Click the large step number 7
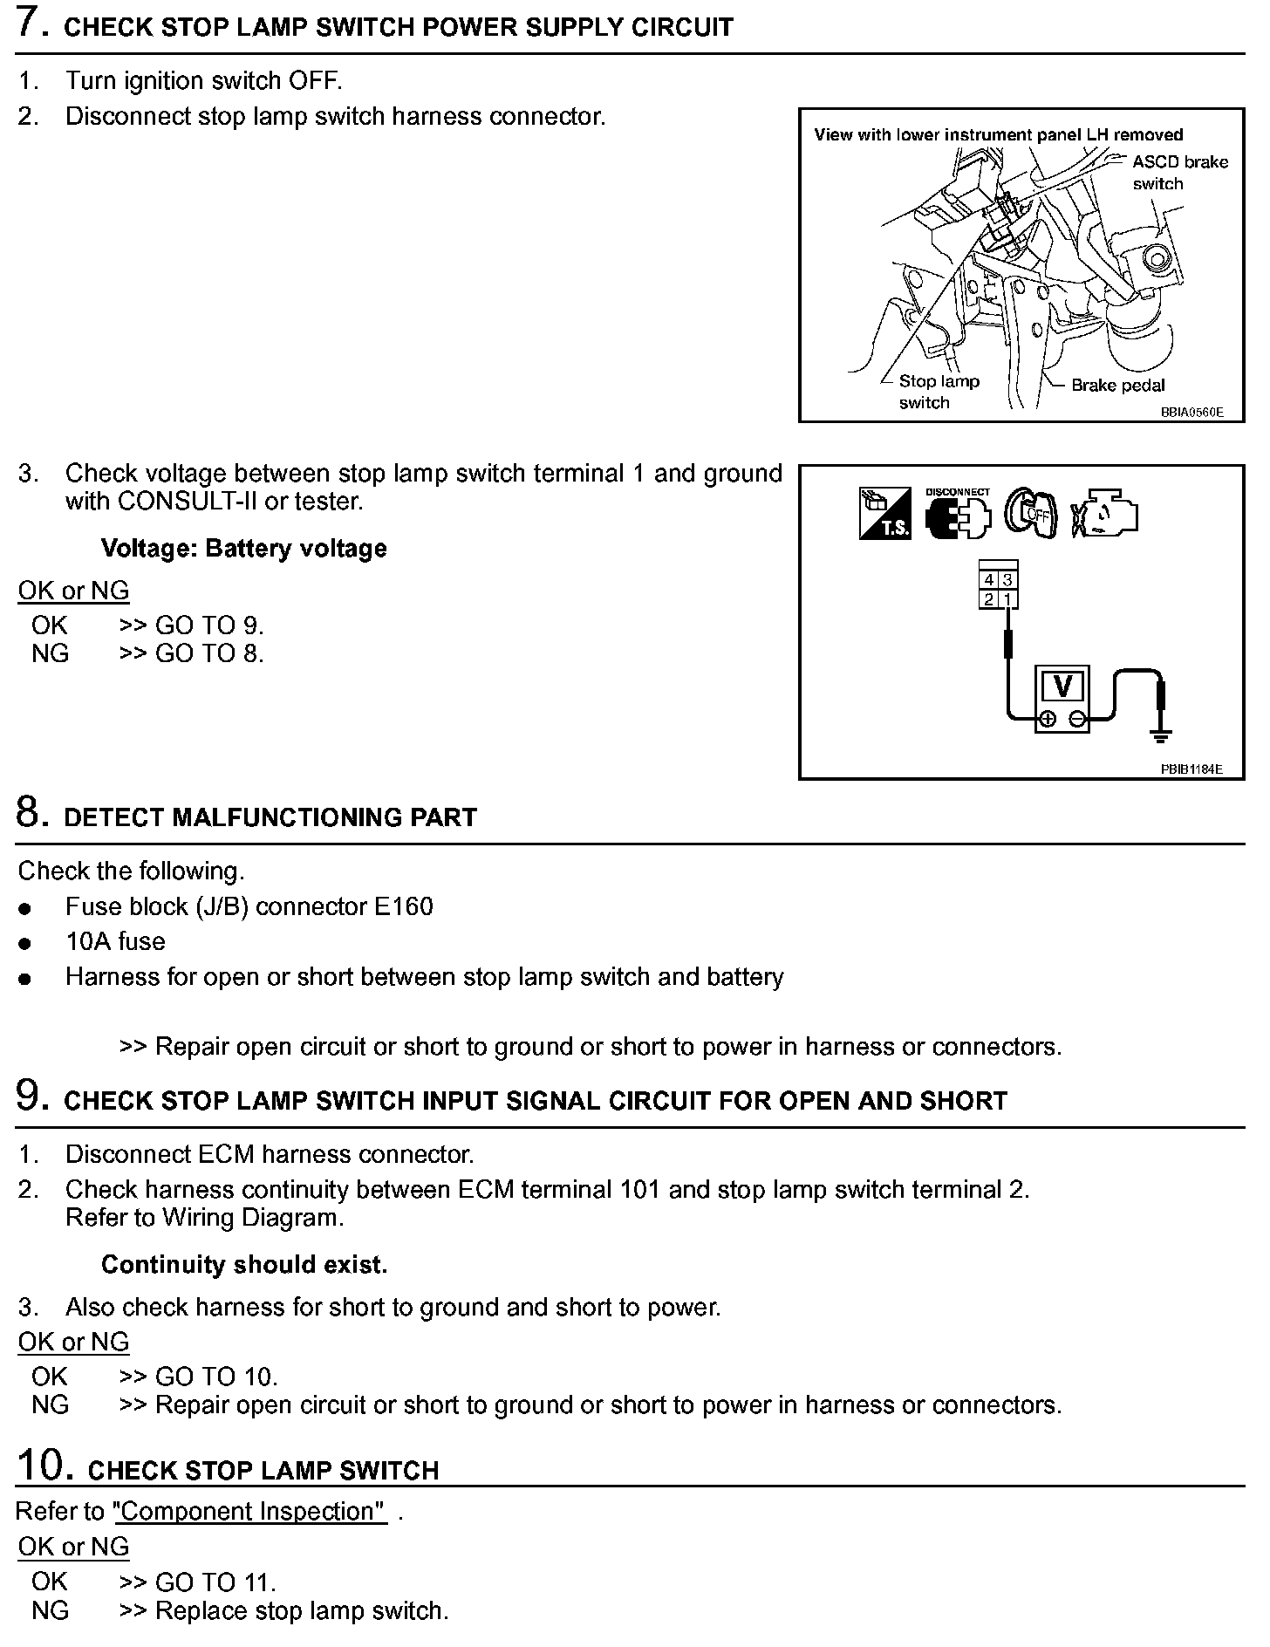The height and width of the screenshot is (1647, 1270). (31, 23)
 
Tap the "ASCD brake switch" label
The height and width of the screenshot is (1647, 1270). (1178, 172)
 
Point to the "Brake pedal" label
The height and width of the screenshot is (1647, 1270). (1117, 386)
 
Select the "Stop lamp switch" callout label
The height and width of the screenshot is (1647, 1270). (938, 392)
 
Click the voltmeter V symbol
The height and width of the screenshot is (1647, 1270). (1062, 687)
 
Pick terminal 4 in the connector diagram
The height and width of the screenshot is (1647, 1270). (989, 580)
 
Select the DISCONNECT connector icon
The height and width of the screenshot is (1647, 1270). (958, 515)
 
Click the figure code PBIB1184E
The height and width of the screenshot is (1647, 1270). (1191, 769)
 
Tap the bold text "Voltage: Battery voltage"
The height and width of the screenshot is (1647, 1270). (243, 549)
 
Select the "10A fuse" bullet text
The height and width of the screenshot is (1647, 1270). (115, 941)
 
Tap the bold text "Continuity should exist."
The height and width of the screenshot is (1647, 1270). (243, 1264)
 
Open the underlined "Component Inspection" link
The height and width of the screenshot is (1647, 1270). (250, 1511)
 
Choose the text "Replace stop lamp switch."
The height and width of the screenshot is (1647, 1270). (301, 1610)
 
